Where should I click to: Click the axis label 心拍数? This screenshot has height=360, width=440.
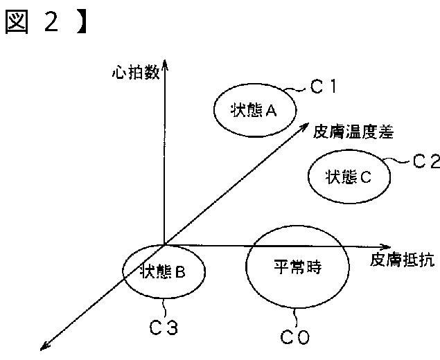point(135,73)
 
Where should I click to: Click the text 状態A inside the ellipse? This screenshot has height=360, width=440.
point(254,110)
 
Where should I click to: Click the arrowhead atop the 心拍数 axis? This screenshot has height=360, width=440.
point(165,67)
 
